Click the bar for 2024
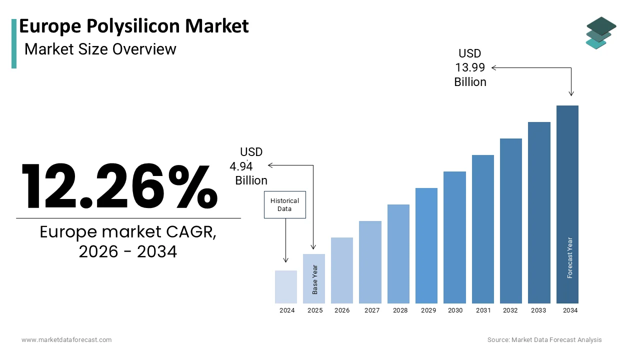point(286,287)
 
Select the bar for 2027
point(370,262)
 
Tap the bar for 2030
point(454,237)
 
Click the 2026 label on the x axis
point(342,310)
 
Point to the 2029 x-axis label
point(428,310)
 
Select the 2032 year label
point(510,310)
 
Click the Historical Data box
point(284,204)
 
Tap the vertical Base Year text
point(315,279)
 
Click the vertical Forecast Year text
point(569,257)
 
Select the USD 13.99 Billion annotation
point(470,67)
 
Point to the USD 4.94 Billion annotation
point(248,166)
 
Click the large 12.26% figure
point(119,186)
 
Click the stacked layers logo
point(601,33)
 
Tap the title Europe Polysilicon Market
point(134,26)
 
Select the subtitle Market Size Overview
point(100,49)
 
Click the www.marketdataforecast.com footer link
point(66,340)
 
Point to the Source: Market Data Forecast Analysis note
point(544,340)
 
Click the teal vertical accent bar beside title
point(14,43)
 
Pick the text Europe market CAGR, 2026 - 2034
point(128,242)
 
